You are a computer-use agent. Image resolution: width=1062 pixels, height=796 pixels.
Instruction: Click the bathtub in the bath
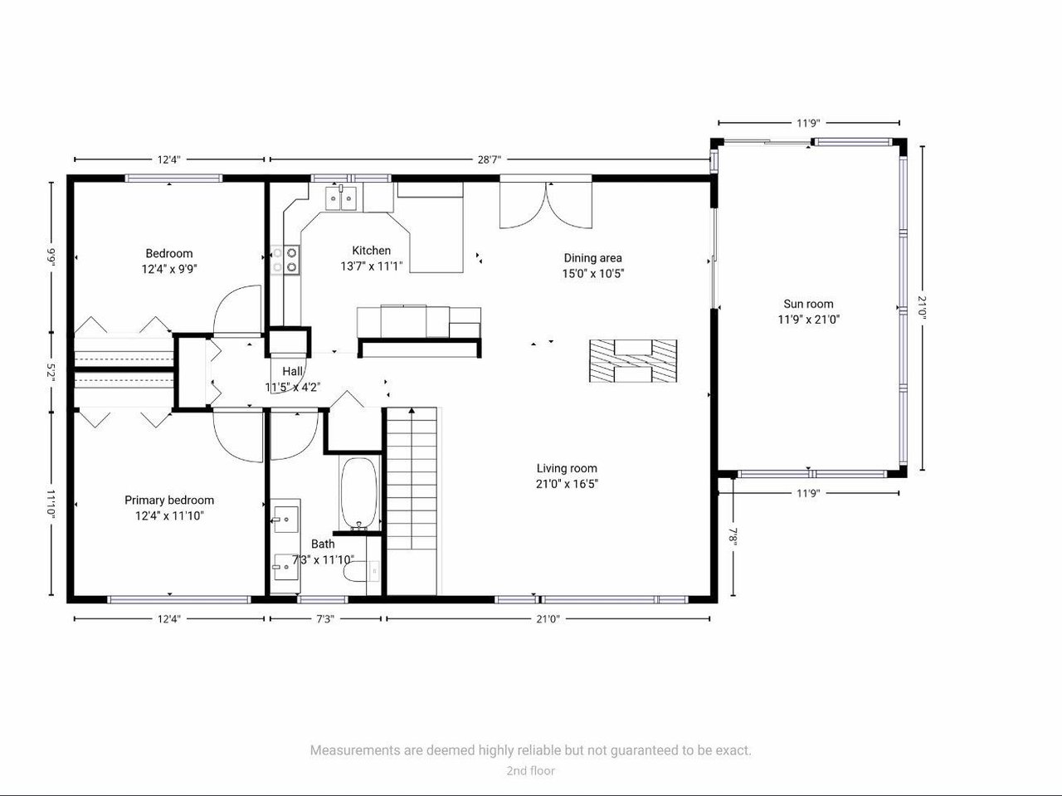click(358, 494)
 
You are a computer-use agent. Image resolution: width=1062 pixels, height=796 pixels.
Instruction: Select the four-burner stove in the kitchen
click(285, 260)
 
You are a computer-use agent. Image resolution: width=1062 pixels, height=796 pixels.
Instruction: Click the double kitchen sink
click(341, 198)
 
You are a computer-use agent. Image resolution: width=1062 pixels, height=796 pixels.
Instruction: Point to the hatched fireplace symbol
click(633, 361)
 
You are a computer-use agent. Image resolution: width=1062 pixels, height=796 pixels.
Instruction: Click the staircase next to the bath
click(412, 501)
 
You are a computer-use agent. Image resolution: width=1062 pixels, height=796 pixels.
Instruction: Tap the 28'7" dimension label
click(490, 159)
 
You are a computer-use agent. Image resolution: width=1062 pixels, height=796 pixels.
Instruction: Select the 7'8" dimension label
click(733, 537)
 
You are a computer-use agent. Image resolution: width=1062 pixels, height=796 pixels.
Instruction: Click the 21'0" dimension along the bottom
click(548, 619)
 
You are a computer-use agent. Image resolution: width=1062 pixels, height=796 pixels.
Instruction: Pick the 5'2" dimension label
click(51, 372)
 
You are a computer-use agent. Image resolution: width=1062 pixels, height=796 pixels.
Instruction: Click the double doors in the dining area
click(546, 204)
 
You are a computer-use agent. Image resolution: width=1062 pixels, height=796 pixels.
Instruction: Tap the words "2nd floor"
click(531, 770)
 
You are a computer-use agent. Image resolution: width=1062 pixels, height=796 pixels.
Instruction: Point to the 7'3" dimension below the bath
click(325, 619)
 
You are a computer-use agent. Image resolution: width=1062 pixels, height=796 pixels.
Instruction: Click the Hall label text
click(292, 371)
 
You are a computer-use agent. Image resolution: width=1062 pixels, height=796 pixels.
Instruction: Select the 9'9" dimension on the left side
click(51, 257)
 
